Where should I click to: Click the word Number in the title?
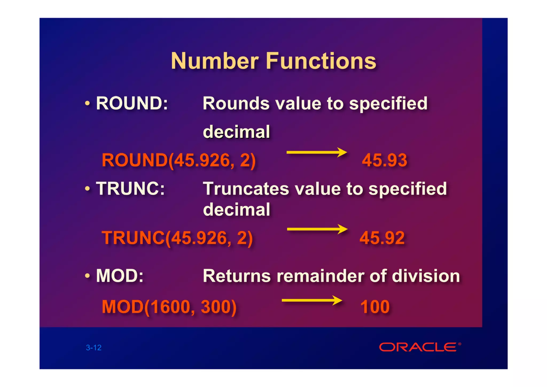(215, 61)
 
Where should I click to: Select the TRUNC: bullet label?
(130, 189)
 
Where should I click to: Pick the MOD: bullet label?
(120, 276)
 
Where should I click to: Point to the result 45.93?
(384, 160)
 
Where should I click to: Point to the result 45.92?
(382, 238)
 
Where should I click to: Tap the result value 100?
(375, 307)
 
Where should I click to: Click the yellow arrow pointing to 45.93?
(317, 152)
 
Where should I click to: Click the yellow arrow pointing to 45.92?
(317, 229)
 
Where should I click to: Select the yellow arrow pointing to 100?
(312, 300)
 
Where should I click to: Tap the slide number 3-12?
(94, 347)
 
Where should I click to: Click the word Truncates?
(246, 189)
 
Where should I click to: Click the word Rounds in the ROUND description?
(236, 103)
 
